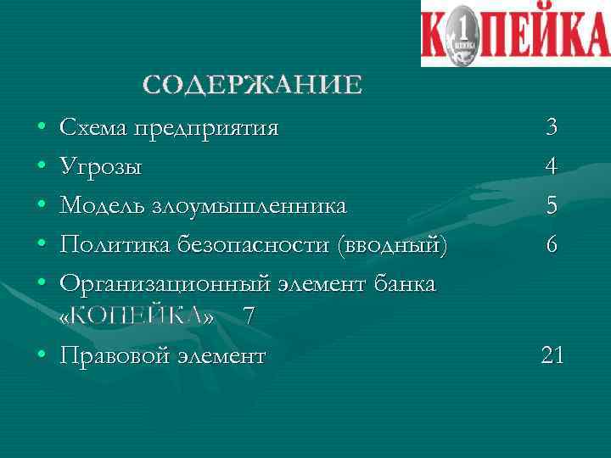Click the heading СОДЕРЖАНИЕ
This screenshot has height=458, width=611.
pyautogui.click(x=252, y=85)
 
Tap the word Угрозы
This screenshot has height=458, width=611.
pyautogui.click(x=101, y=167)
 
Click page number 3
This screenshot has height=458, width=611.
pyautogui.click(x=552, y=128)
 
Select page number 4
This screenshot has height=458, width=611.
pyautogui.click(x=552, y=167)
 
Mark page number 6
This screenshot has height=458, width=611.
pyautogui.click(x=552, y=245)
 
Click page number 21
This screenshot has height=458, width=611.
pyautogui.click(x=552, y=355)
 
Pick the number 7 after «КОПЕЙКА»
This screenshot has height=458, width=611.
pyautogui.click(x=248, y=316)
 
